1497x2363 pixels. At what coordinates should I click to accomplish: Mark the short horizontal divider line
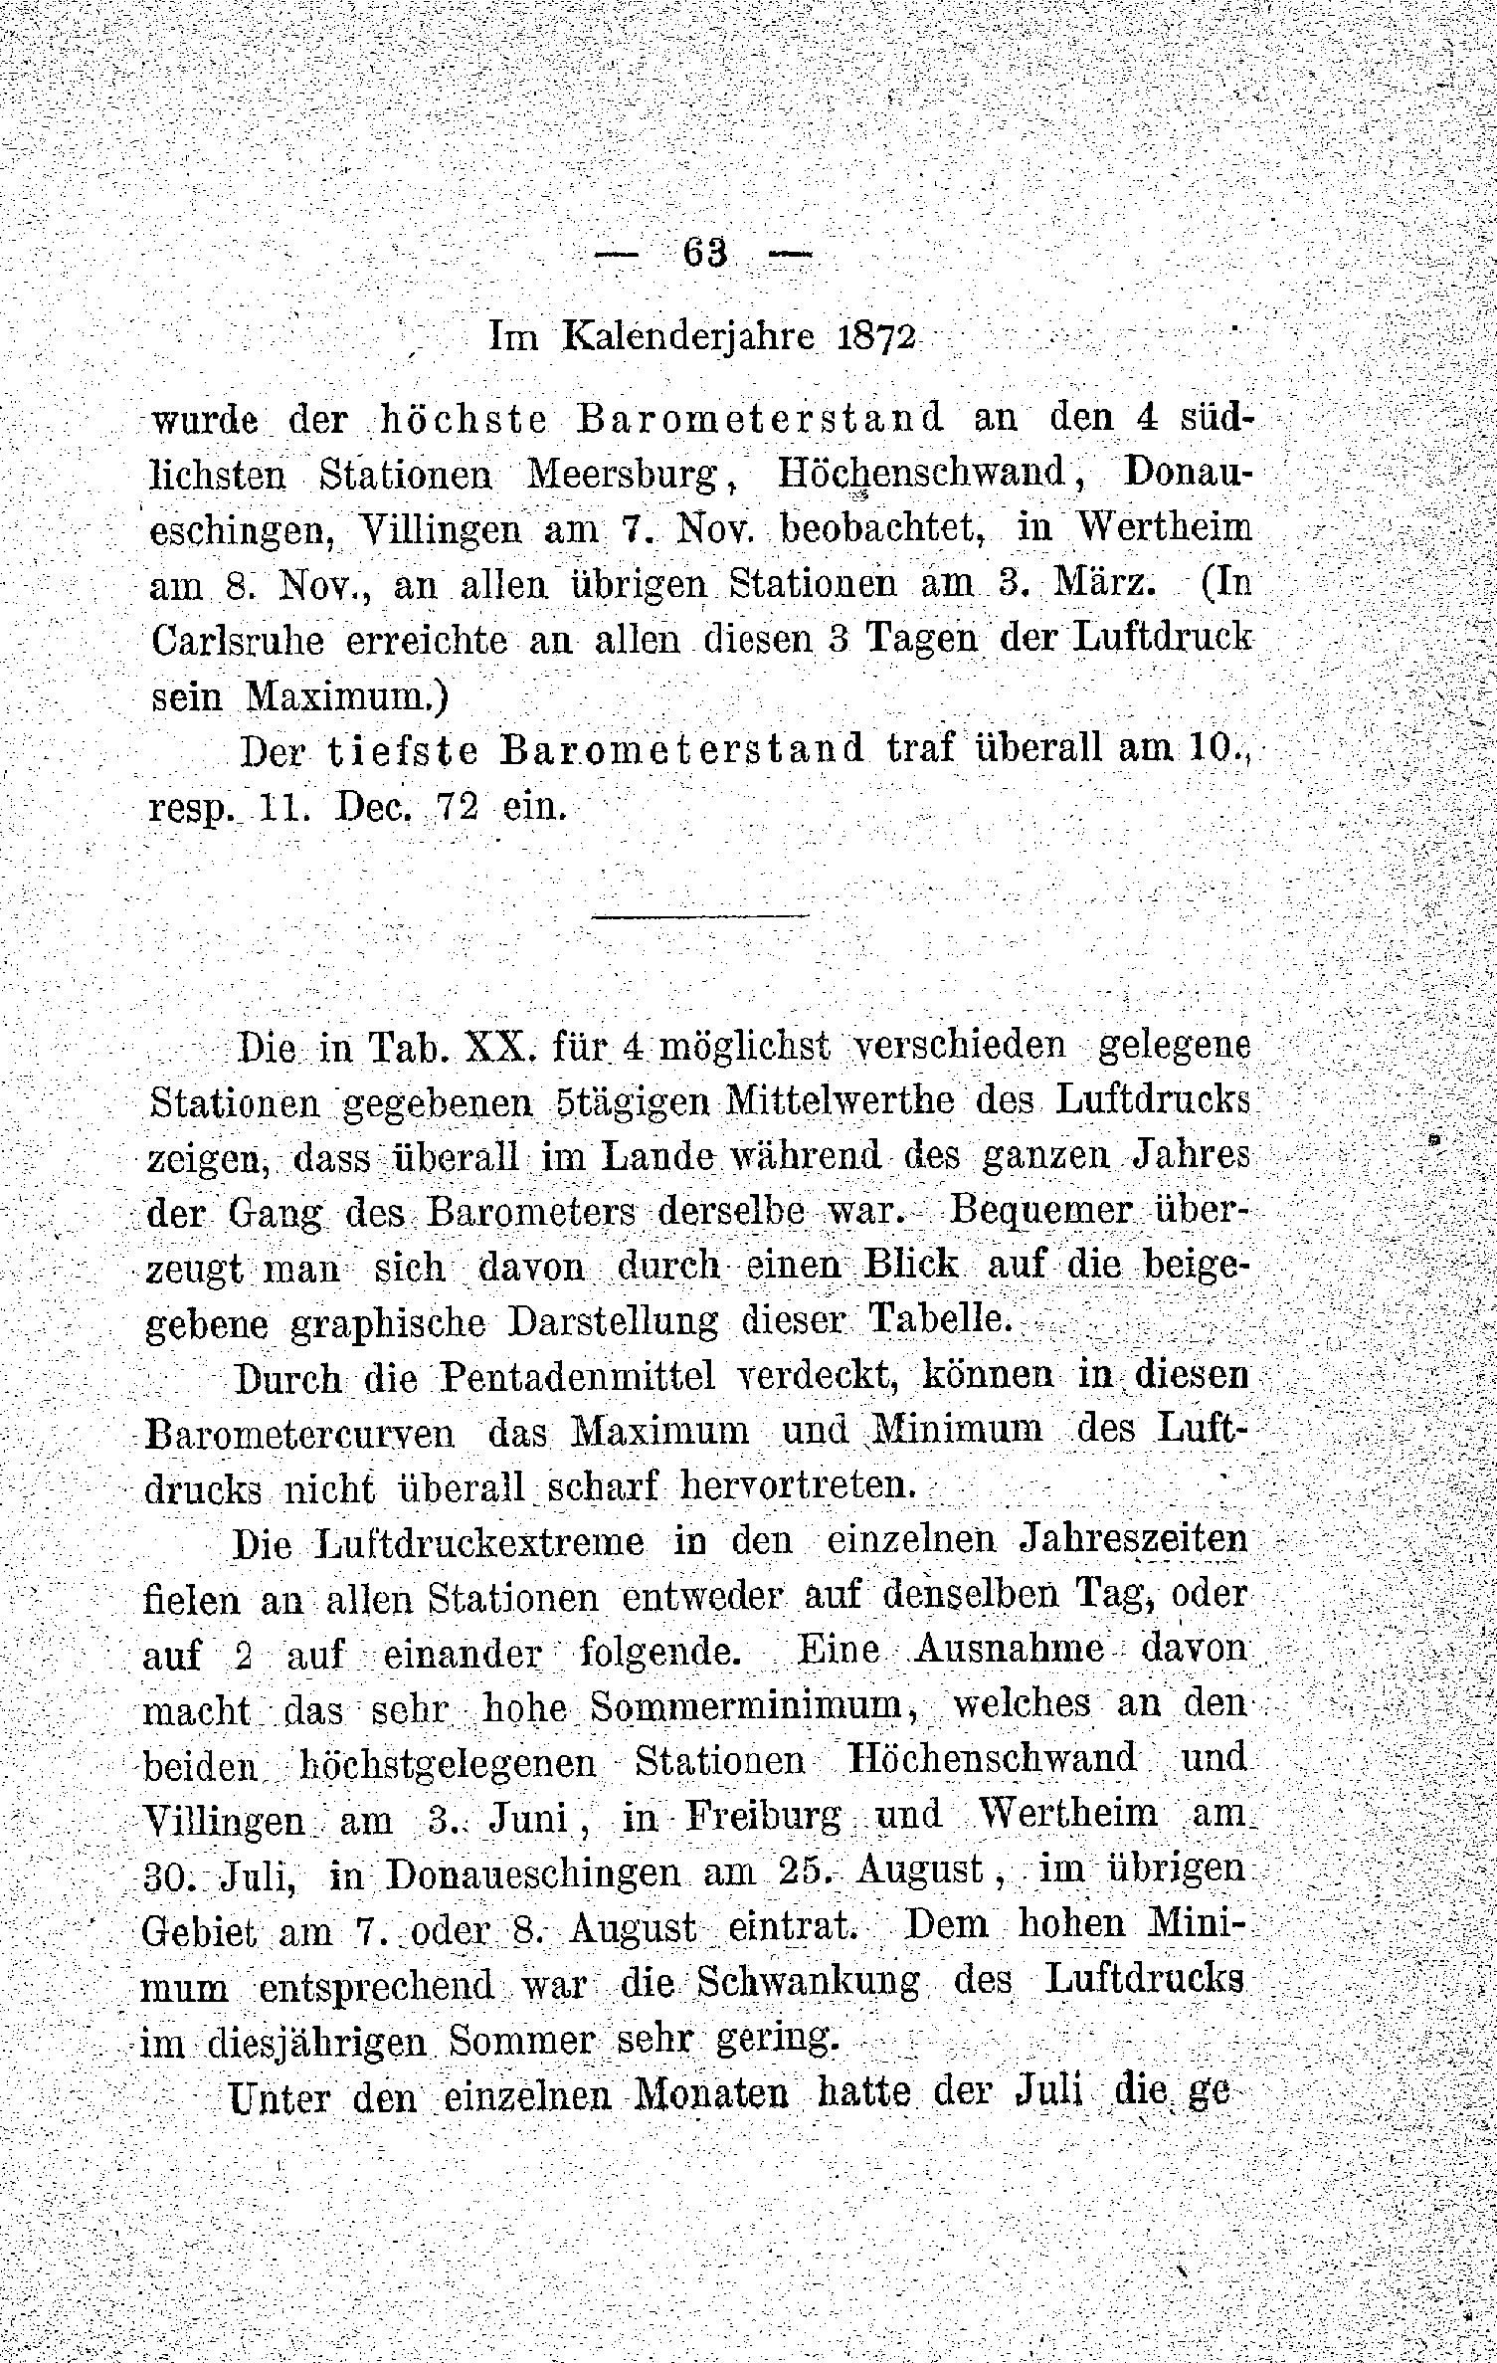702,915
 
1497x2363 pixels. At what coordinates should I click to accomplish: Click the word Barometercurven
300,1433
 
